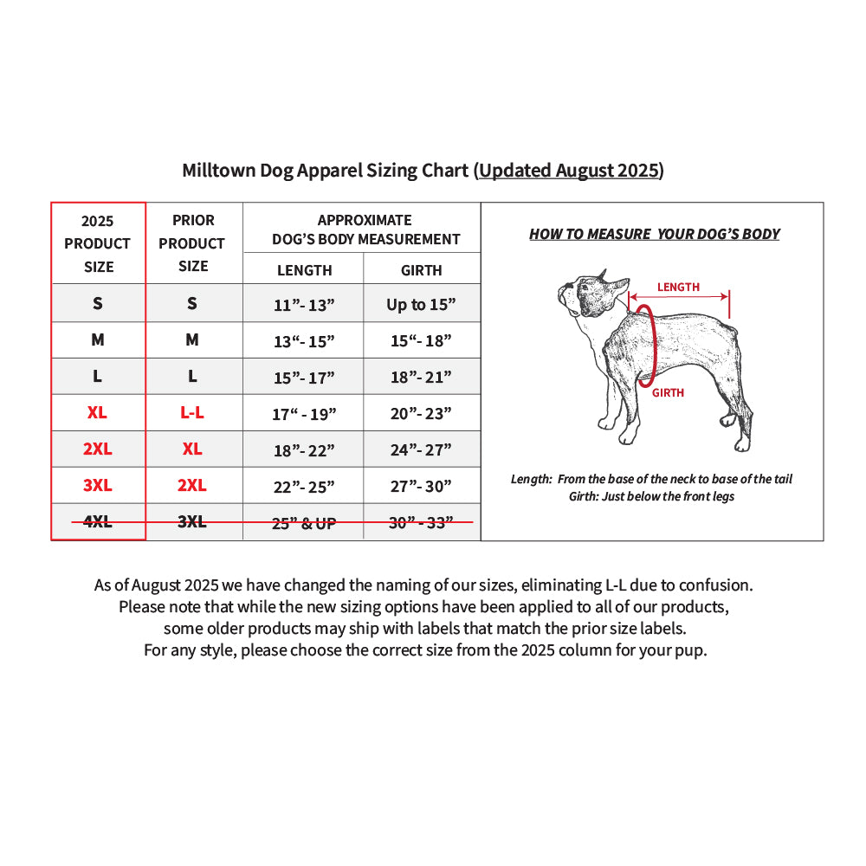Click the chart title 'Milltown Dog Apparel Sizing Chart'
[x=326, y=171]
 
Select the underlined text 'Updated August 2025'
[x=569, y=171]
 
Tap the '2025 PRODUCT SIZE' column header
[x=98, y=243]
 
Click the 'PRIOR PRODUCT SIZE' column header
[x=192, y=243]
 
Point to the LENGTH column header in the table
[x=304, y=270]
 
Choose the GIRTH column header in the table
[x=422, y=270]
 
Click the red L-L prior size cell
[x=192, y=412]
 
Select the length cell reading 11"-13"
[x=304, y=305]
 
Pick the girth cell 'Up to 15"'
[x=421, y=304]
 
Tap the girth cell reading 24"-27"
[x=421, y=450]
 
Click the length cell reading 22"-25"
[x=304, y=487]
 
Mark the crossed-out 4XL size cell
[x=97, y=521]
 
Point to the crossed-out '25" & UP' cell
[x=304, y=523]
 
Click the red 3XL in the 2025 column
[x=98, y=486]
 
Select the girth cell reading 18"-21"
[x=421, y=378]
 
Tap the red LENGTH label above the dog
[x=678, y=288]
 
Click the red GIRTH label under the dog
[x=669, y=392]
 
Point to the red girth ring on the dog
[x=656, y=346]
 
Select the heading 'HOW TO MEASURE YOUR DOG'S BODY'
[x=655, y=234]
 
